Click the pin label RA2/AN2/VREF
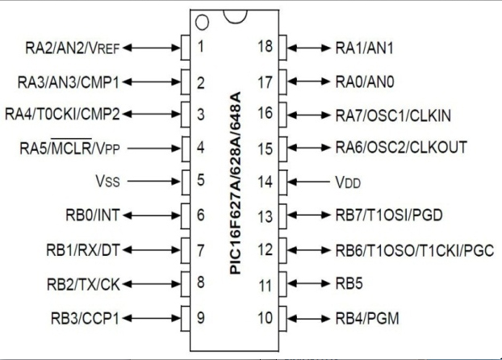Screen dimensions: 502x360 (73, 48)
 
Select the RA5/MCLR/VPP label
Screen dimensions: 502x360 (69, 148)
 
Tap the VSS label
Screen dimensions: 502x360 (107, 181)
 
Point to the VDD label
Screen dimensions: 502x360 (348, 182)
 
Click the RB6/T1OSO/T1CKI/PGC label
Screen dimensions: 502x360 (415, 250)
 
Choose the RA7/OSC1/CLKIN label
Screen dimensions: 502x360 (393, 115)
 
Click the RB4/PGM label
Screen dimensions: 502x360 (367, 318)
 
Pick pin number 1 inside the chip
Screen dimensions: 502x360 (201, 46)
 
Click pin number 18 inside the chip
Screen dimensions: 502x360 (266, 46)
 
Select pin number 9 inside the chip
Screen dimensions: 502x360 (201, 317)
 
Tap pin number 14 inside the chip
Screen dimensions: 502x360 (266, 182)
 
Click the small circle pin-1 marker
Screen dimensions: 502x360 (202, 23)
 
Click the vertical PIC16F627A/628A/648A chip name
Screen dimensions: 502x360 (236, 183)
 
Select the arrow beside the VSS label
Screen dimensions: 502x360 (154, 182)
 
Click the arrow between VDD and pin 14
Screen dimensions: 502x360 (308, 182)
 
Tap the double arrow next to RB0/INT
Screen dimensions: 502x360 (152, 216)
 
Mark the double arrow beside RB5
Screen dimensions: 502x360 (308, 283)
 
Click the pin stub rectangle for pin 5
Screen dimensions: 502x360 (186, 182)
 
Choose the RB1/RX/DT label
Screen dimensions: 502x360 (83, 250)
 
